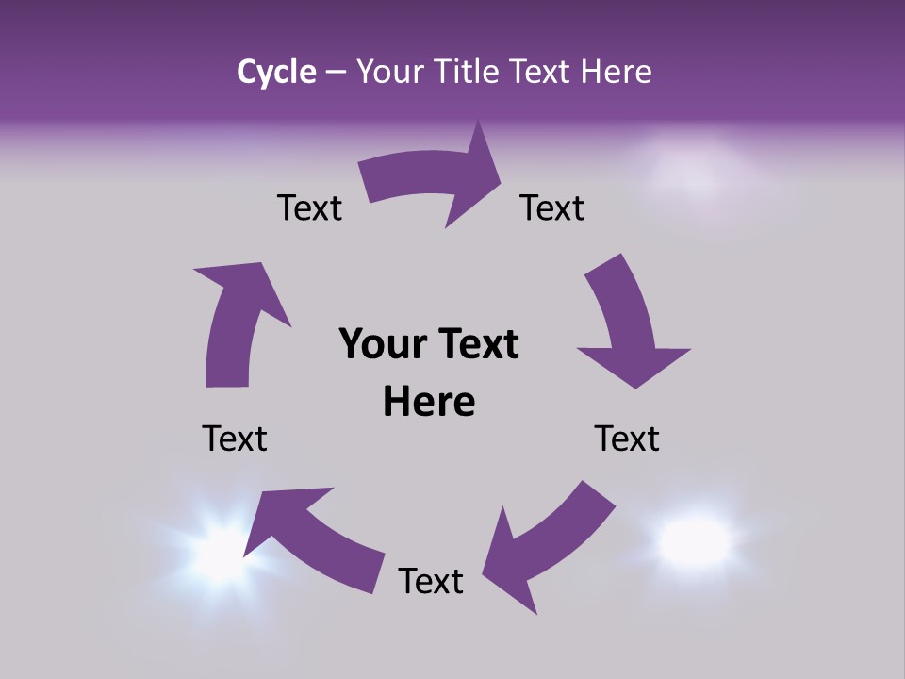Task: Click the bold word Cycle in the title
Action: (276, 72)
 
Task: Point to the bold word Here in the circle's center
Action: (429, 402)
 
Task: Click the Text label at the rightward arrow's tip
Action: (552, 207)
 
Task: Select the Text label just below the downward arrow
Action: (627, 439)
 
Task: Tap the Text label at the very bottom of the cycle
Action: (431, 581)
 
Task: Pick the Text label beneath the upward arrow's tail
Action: (235, 439)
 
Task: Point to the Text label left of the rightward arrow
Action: (309, 207)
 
